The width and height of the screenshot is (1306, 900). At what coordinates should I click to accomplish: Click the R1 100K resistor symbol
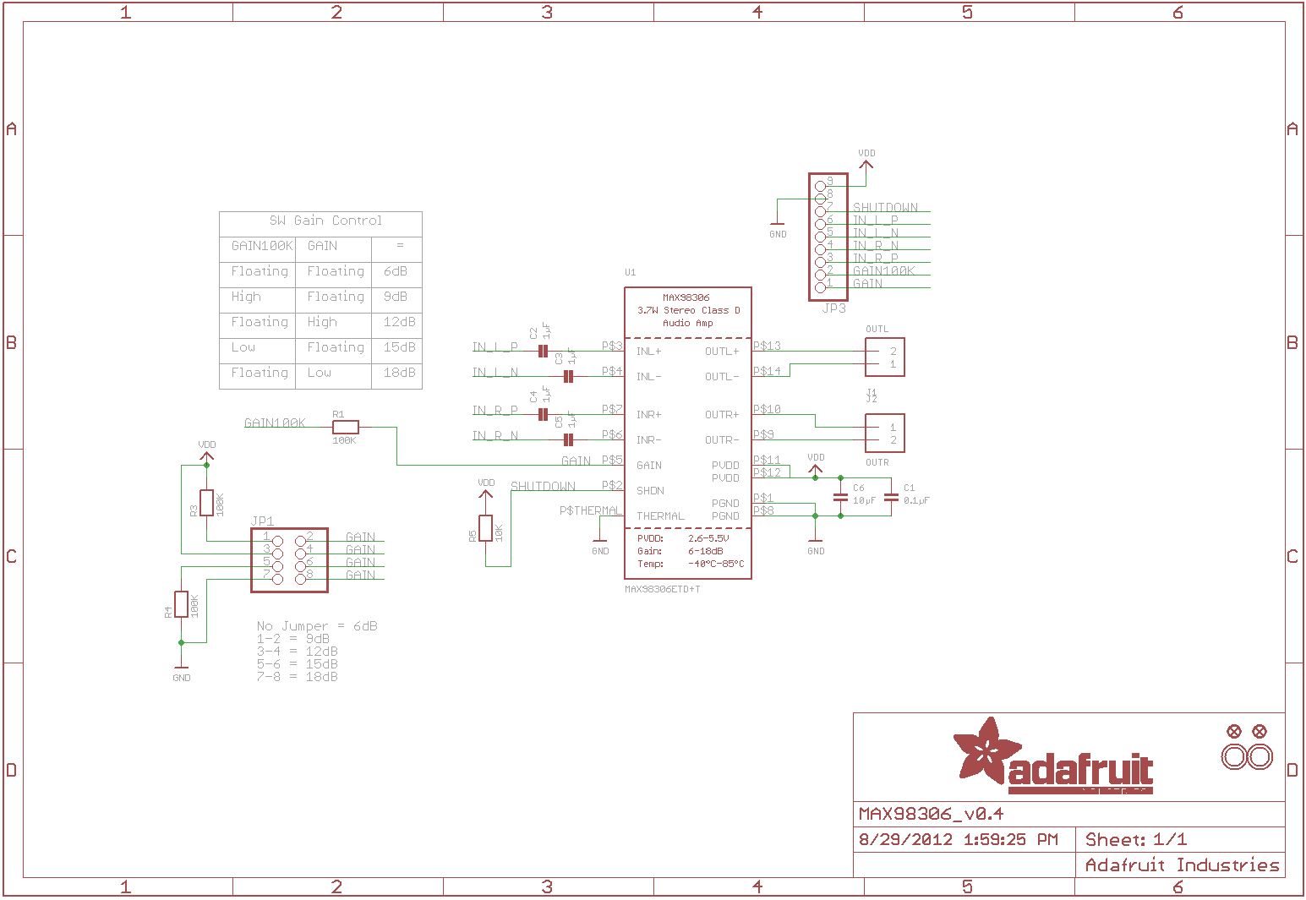coord(346,427)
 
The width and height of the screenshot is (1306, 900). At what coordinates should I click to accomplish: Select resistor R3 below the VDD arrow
coord(206,503)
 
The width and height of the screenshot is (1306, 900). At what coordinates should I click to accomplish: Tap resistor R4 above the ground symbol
coord(181,604)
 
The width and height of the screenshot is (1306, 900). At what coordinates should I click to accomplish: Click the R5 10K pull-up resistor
coord(485,528)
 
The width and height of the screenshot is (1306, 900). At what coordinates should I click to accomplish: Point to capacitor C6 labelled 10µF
coord(840,499)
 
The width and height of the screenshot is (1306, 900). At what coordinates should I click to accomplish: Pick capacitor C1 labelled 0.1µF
coord(890,499)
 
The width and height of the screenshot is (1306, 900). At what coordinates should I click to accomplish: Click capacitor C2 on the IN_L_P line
coord(543,351)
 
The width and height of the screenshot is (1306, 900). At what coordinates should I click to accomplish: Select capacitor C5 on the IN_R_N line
coord(568,439)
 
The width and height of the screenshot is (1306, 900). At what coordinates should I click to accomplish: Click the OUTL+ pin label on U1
coord(722,352)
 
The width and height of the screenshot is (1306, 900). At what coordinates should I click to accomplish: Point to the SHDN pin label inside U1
coord(650,491)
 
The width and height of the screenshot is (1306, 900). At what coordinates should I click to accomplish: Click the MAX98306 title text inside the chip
coord(686,297)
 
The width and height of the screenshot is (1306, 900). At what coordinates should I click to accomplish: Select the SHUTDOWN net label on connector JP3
coord(885,207)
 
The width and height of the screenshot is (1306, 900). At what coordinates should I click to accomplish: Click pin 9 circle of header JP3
coord(820,186)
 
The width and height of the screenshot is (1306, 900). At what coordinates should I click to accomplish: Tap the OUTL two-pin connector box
coord(884,357)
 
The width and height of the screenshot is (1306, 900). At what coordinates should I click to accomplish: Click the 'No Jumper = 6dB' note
coord(317,626)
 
